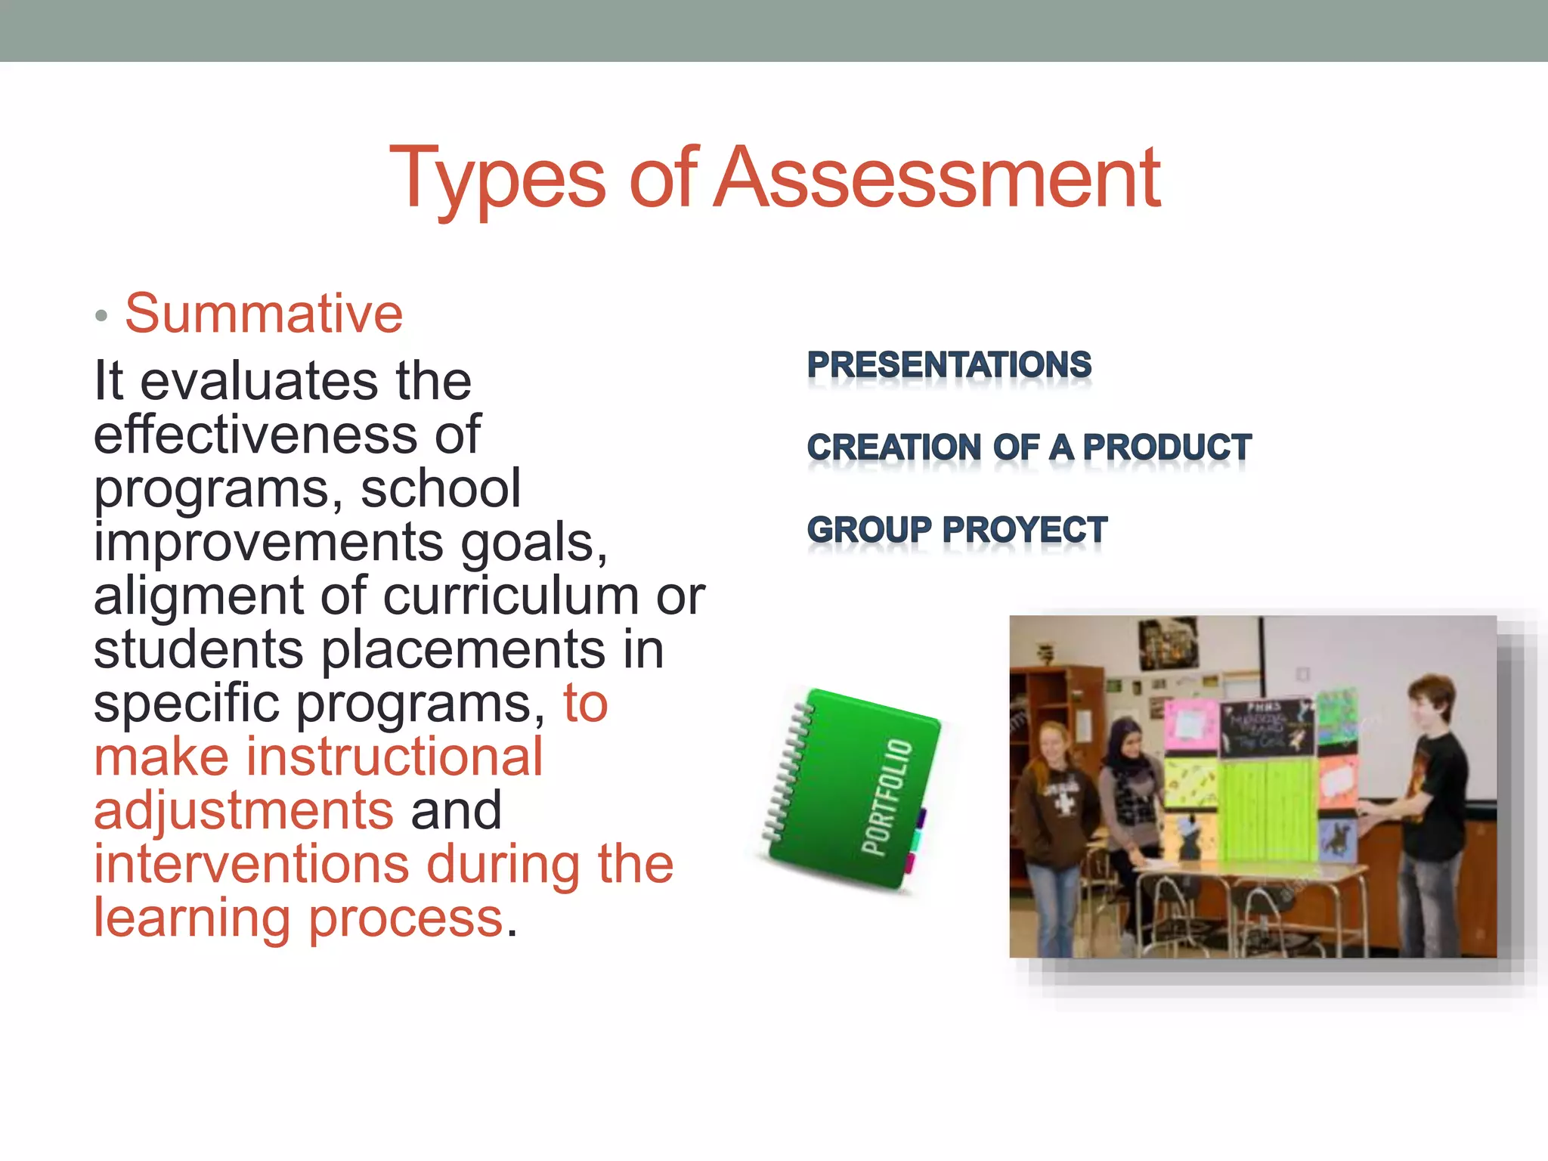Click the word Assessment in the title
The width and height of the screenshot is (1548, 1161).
point(937,178)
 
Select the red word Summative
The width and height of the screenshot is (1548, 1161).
point(264,314)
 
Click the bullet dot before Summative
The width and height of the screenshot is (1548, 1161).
point(102,316)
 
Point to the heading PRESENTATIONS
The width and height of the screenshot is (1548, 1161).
point(949,365)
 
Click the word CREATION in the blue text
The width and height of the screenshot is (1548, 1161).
point(893,447)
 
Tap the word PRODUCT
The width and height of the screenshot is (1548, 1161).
point(1167,447)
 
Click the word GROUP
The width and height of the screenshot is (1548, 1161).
point(869,530)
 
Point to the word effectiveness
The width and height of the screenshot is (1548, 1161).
point(255,435)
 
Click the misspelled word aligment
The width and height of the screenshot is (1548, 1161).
point(199,596)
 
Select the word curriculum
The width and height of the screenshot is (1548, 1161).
point(512,596)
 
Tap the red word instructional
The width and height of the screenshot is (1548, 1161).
point(394,757)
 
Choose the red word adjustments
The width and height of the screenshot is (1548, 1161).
point(243,811)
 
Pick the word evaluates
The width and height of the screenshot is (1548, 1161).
point(259,382)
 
